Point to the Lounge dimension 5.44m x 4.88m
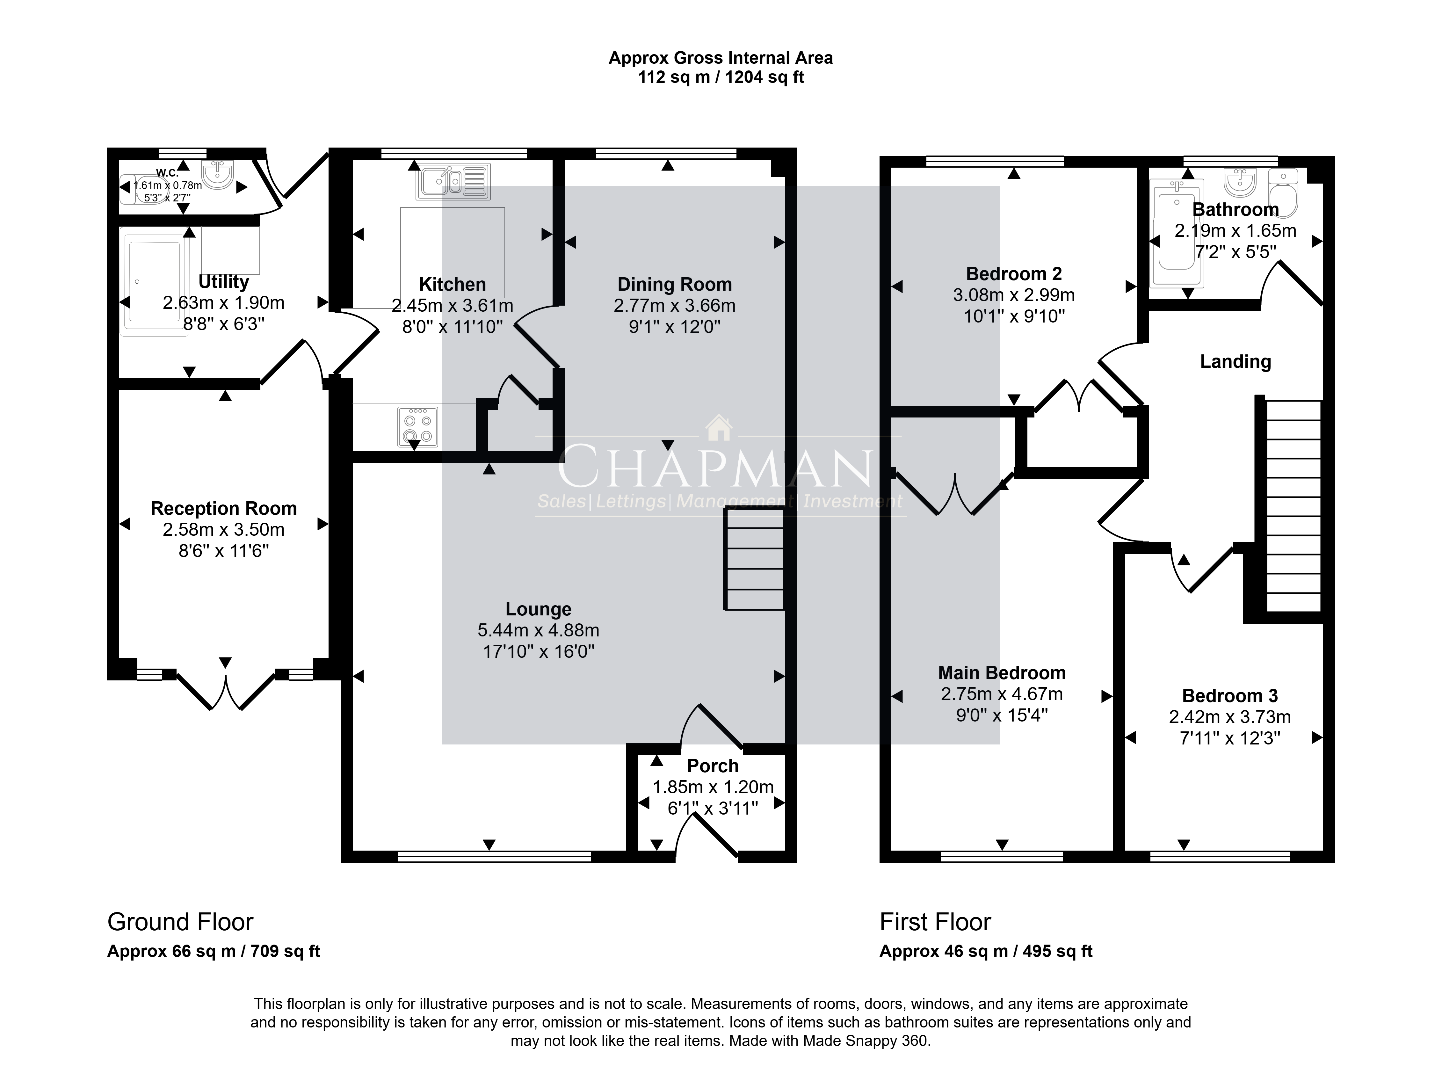point(538,630)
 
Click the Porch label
point(713,766)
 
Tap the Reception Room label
point(224,508)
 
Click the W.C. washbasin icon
point(217,174)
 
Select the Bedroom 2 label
point(1014,274)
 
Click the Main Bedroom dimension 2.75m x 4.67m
point(1002,694)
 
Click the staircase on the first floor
point(1294,506)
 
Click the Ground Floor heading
point(180,922)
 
